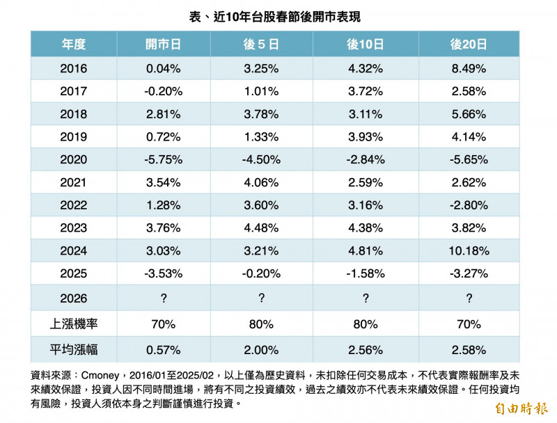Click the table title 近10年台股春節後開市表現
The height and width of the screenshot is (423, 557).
tap(279, 16)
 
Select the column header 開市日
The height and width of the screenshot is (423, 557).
tap(164, 45)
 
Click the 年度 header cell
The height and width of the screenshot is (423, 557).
tap(74, 45)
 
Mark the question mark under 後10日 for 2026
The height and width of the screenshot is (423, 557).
tap(366, 298)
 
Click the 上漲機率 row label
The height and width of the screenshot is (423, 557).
tap(74, 324)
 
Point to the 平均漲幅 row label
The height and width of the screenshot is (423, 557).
tap(74, 348)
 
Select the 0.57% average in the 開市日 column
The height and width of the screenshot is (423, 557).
tap(164, 348)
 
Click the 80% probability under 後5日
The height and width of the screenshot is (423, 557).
tap(261, 324)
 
